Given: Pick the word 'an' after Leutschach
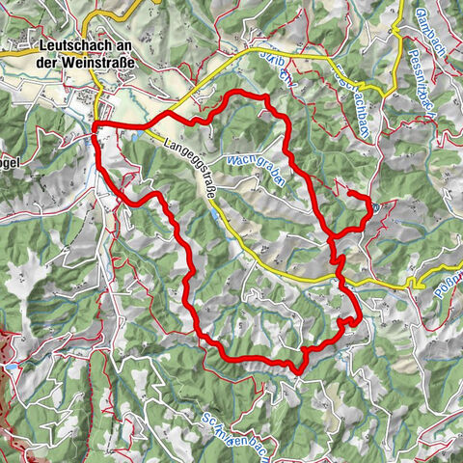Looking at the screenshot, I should (123, 44).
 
